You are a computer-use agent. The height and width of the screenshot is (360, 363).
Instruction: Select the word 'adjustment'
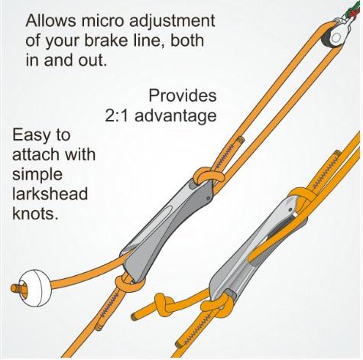pos(172,21)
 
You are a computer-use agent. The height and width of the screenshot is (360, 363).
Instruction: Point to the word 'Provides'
pos(183,96)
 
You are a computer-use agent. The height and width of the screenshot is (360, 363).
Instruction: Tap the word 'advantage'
pos(176,117)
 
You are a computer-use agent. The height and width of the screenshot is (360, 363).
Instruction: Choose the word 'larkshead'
pos(50,193)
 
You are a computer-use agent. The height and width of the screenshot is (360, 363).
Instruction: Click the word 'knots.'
pos(35,213)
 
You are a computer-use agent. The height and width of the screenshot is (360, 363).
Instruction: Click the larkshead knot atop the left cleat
pos(208,175)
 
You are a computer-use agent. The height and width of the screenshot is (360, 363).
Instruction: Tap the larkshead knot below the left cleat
pos(128,282)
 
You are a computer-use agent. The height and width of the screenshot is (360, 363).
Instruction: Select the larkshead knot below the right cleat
pos(216,305)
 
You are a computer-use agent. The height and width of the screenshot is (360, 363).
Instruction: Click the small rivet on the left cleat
pos(209,199)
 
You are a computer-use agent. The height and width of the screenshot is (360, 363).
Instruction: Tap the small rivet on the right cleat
pos(290,210)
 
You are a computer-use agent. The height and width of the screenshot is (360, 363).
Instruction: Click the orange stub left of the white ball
pos(18,289)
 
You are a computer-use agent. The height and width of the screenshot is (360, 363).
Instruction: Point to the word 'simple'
pos(37,175)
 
